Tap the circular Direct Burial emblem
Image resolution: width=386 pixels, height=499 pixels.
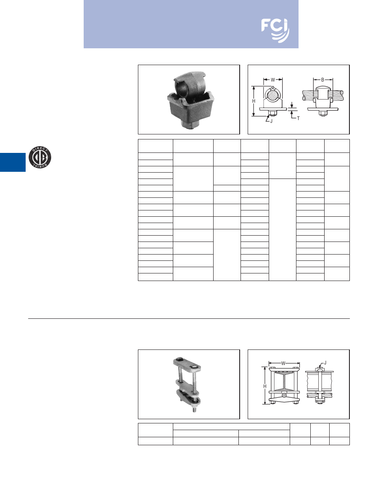[40, 157]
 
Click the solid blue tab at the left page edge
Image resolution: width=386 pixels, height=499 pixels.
[13, 162]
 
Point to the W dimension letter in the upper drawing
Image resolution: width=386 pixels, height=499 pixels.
[273, 80]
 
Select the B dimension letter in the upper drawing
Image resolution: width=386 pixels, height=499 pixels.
[323, 80]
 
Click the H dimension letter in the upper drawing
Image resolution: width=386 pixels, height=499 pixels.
[254, 101]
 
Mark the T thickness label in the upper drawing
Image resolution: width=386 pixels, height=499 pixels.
[299, 118]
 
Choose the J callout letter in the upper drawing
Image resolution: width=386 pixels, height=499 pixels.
[271, 121]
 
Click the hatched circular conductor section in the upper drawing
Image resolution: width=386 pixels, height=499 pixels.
[272, 96]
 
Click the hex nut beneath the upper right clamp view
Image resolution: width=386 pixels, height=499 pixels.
[323, 113]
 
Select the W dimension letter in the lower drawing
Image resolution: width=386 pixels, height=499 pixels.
[283, 363]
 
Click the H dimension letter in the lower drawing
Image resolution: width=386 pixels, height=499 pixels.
[264, 386]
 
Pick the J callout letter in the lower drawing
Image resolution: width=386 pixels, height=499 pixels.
[325, 363]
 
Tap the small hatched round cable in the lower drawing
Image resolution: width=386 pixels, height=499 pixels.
[284, 395]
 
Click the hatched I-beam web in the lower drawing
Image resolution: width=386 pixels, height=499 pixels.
[284, 381]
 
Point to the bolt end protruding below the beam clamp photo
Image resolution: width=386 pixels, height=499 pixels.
[195, 409]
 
